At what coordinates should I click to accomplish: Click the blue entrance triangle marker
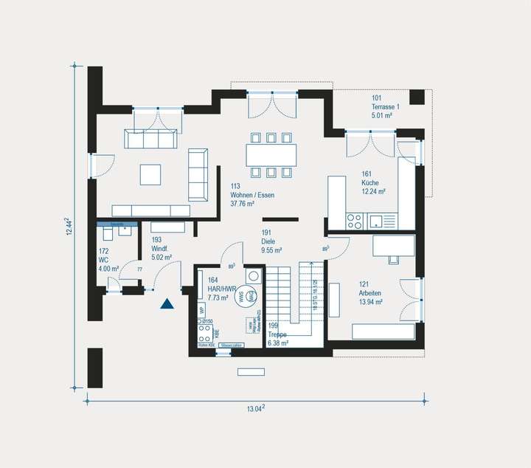[x=167, y=303]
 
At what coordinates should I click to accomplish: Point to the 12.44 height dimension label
[x=68, y=227]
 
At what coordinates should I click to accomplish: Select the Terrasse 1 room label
[x=385, y=107]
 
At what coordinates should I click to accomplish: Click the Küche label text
[x=369, y=182]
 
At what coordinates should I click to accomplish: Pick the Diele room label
[x=268, y=241]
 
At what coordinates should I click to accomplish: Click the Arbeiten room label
[x=371, y=293]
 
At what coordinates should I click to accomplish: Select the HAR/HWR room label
[x=222, y=289]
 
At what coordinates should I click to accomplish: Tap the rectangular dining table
[x=271, y=155]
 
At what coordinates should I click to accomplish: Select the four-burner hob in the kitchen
[x=354, y=219]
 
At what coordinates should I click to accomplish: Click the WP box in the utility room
[x=201, y=311]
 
